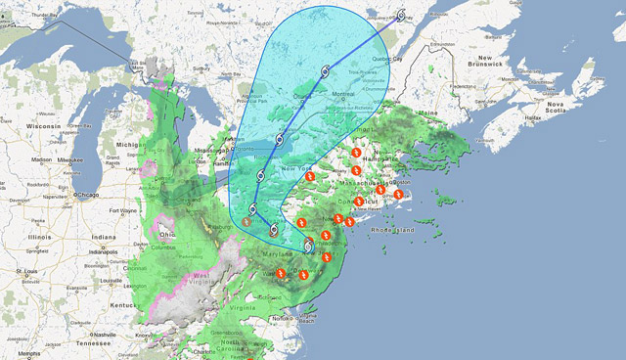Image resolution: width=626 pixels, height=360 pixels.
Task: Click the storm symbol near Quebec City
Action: tap(401, 16)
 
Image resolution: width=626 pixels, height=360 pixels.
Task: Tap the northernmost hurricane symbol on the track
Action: tap(401, 16)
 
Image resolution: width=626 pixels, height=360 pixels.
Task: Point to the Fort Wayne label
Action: tap(122, 210)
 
